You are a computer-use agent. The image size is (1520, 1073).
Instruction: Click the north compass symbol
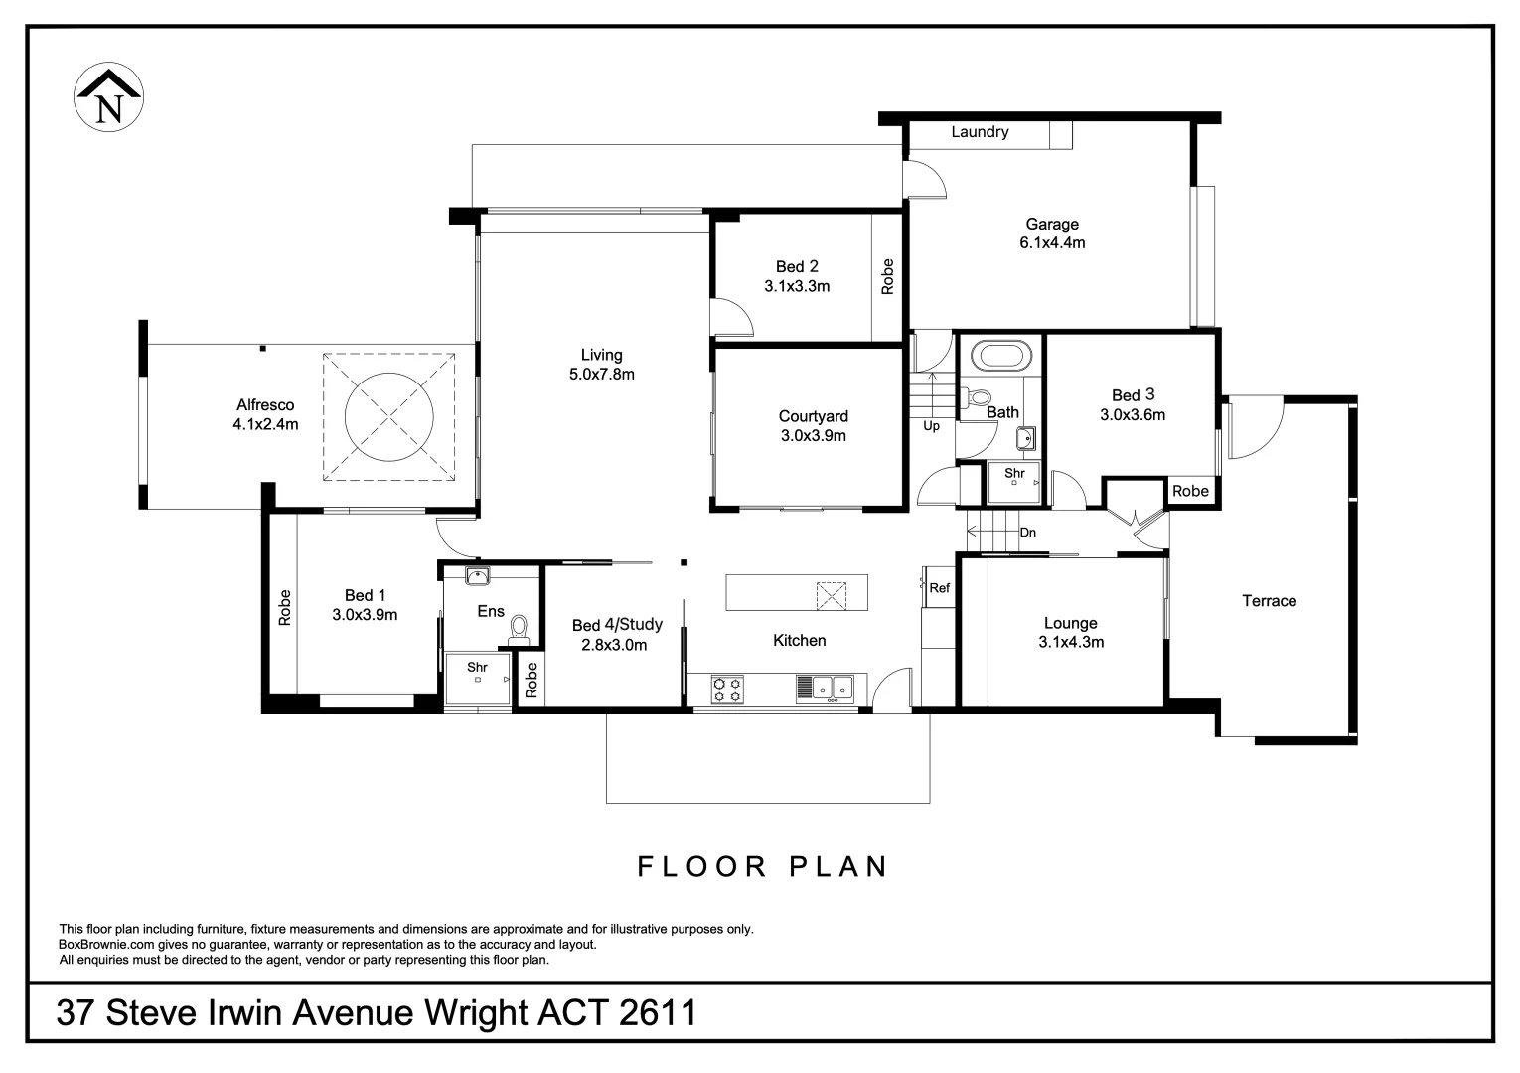tap(109, 97)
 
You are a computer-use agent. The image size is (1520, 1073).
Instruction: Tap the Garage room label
tap(1052, 225)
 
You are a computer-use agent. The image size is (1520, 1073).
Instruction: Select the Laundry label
tap(980, 132)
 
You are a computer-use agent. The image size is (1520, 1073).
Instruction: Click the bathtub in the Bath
tap(1001, 355)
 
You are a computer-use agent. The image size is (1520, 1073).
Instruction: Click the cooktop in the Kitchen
tap(728, 689)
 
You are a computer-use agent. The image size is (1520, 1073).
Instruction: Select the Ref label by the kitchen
tap(940, 588)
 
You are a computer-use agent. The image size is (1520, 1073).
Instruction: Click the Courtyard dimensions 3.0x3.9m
tap(813, 435)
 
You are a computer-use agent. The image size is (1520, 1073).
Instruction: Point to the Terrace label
tap(1269, 601)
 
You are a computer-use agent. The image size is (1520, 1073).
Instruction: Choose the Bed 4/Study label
tap(617, 625)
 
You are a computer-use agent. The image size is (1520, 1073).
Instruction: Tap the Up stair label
tap(931, 426)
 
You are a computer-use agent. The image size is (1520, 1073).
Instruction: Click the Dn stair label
tap(1027, 533)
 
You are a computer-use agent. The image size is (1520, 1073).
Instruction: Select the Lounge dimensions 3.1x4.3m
tap(1070, 642)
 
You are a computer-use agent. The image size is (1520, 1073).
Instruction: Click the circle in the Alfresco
tap(388, 415)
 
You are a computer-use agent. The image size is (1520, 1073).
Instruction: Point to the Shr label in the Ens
tap(477, 667)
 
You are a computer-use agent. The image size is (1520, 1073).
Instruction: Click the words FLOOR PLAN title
tap(762, 866)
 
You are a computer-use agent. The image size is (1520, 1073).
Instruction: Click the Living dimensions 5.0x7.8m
tap(601, 375)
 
